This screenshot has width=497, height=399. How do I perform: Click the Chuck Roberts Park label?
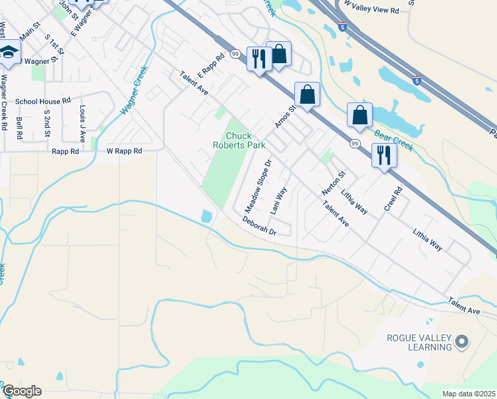point(239,140)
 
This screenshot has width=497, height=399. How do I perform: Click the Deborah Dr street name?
point(258,226)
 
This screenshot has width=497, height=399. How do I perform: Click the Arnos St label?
point(284,116)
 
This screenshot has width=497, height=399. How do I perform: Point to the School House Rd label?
point(43,101)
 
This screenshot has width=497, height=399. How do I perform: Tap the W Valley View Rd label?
point(371,11)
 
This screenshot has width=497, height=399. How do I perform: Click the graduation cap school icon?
point(9,53)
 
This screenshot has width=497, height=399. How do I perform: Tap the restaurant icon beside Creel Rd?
point(383,156)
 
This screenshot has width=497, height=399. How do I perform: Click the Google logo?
point(21,392)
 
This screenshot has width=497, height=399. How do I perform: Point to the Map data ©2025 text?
point(469,394)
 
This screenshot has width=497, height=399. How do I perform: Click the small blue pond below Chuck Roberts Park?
point(206,216)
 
